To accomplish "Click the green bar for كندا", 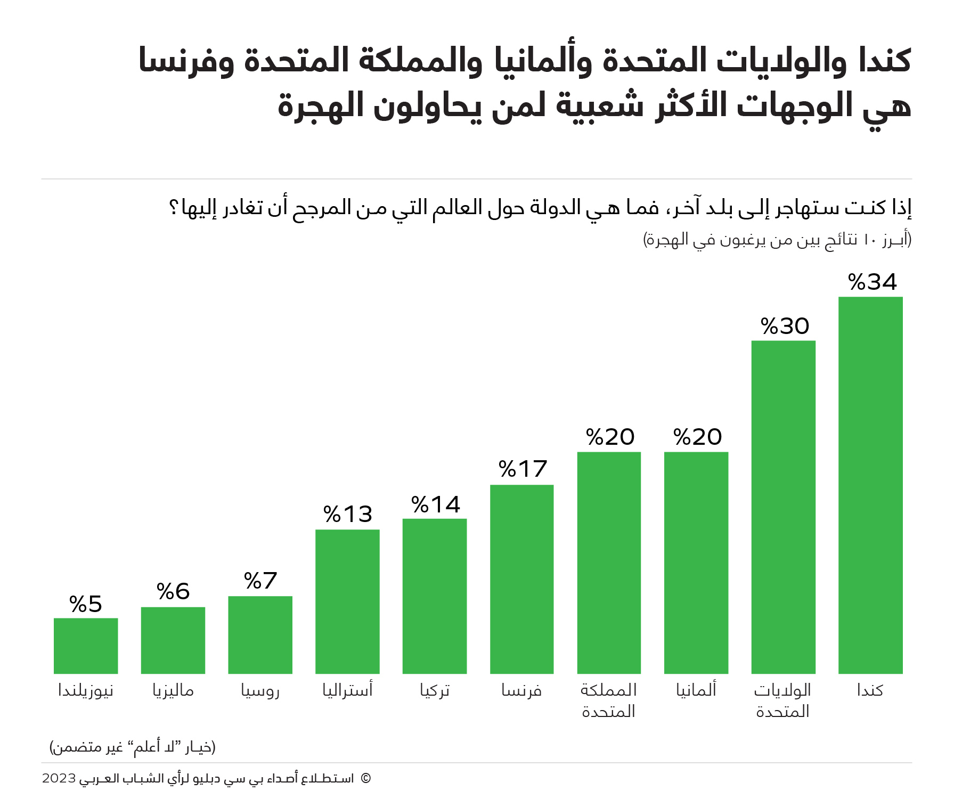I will (870, 485).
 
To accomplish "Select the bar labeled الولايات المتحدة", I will (783, 507).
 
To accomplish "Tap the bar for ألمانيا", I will (696, 563).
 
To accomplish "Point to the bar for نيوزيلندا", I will (86, 646).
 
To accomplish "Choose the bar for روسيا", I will (260, 634).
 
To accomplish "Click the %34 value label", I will (872, 282).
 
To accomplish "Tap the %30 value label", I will (785, 326).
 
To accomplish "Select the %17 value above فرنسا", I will (523, 469).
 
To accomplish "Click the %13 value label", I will (348, 514).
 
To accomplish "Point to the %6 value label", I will (173, 591).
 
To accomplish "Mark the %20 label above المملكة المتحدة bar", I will (610, 437).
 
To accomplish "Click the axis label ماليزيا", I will (173, 690).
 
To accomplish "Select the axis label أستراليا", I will (347, 690).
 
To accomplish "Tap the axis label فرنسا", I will (521, 690).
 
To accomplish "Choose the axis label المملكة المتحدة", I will (609, 700).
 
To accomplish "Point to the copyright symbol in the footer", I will (365, 778).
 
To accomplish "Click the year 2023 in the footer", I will (59, 778).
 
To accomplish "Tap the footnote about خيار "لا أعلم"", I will (133, 747).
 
